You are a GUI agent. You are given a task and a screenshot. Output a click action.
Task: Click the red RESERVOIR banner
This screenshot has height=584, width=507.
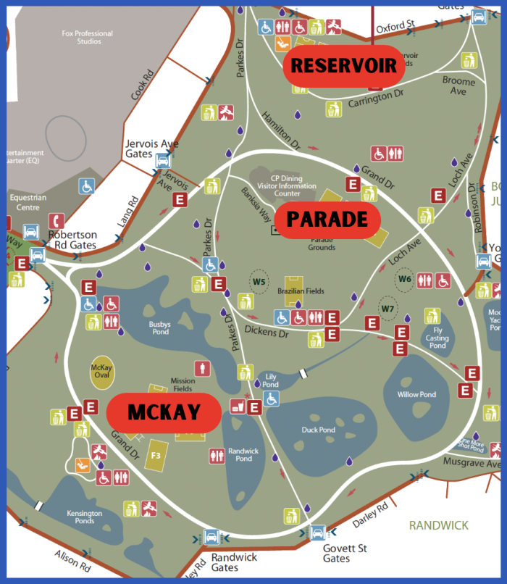point(343,66)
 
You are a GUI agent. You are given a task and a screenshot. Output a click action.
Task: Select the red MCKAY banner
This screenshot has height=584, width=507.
point(164,413)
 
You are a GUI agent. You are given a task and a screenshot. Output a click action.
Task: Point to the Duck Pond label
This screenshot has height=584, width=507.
point(318,430)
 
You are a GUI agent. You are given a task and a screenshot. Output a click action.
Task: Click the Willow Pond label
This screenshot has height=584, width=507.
point(416,394)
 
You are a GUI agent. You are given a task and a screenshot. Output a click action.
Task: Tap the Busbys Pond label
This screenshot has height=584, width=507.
point(159,328)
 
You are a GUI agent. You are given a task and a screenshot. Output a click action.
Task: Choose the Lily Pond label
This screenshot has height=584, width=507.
point(271,380)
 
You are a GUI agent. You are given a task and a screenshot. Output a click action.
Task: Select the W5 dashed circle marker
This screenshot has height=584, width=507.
point(259,281)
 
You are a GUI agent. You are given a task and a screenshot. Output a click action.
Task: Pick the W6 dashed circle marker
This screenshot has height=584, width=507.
point(405,278)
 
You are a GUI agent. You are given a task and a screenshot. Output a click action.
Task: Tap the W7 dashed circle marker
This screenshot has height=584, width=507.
point(388,308)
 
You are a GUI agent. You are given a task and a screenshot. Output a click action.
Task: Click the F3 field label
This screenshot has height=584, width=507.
point(155,455)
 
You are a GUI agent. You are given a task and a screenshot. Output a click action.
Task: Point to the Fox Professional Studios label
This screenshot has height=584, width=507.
point(87,38)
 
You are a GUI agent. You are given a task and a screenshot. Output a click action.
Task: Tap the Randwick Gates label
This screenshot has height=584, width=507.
point(233,562)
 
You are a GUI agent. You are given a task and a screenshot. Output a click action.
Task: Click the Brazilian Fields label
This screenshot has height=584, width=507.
point(300,291)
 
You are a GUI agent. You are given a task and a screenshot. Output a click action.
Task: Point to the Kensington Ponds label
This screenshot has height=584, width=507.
point(85,517)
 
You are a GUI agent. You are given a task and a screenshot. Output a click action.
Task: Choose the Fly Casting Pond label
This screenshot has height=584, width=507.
point(437,338)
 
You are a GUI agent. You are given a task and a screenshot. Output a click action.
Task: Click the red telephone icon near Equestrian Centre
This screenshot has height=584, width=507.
point(56,220)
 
